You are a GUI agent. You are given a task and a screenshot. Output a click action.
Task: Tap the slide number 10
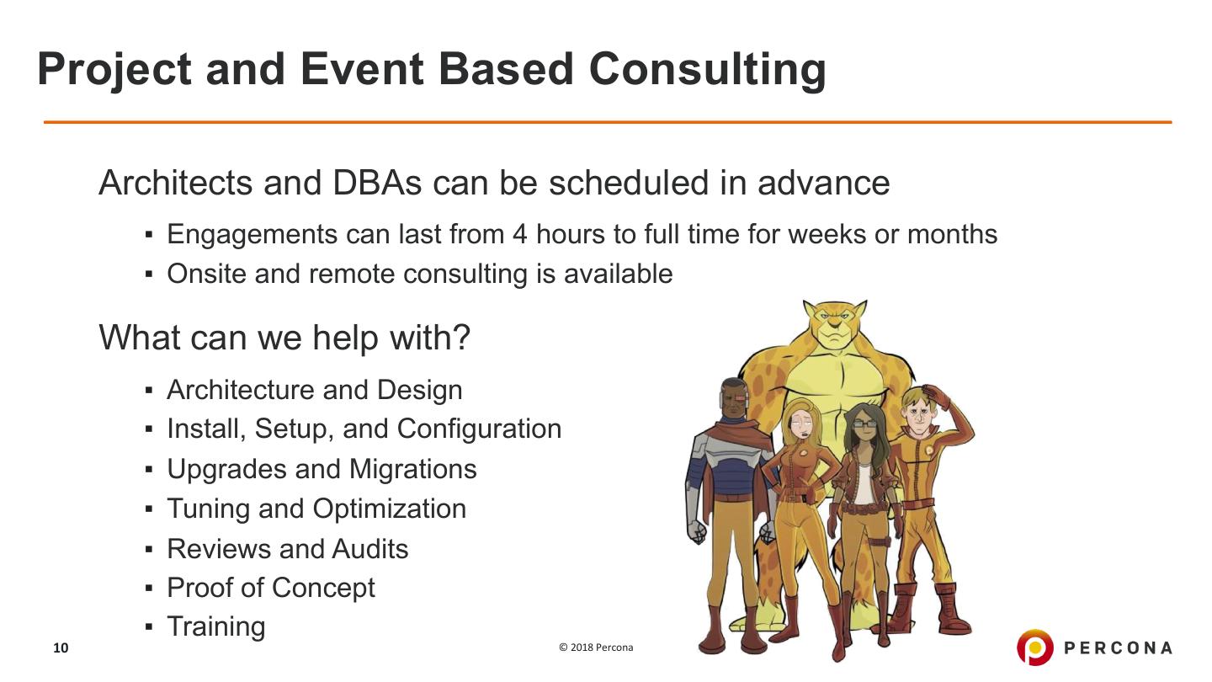tap(61, 648)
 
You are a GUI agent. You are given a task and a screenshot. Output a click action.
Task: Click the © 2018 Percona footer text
tap(596, 647)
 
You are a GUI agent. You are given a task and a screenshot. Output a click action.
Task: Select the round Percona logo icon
tap(1034, 647)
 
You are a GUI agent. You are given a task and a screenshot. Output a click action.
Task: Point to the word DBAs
tap(376, 183)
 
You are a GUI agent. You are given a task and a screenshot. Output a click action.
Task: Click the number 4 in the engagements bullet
tap(520, 234)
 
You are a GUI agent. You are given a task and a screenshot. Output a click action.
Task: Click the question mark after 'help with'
tap(461, 337)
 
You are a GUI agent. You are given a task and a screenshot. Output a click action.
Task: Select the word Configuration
tap(480, 429)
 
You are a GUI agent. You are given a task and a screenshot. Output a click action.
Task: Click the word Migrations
tap(412, 469)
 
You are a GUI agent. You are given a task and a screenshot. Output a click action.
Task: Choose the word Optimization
tap(389, 509)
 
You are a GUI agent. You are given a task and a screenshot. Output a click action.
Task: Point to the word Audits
tap(370, 549)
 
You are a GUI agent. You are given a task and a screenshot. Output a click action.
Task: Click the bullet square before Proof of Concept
tap(149, 589)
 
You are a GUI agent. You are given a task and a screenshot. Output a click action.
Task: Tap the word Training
tap(216, 627)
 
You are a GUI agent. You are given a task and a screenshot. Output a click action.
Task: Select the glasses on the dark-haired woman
tap(864, 424)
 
